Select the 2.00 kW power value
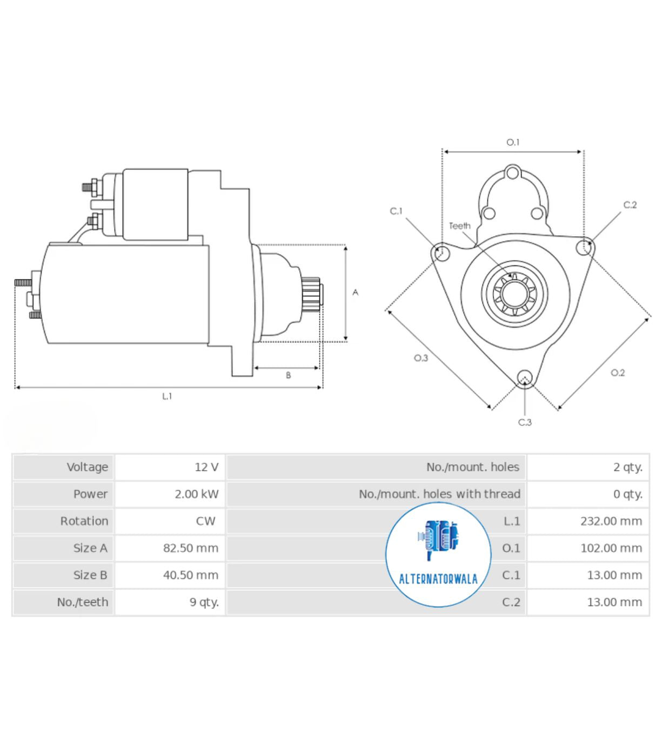click(x=197, y=494)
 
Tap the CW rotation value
click(x=205, y=521)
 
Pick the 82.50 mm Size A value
click(x=191, y=548)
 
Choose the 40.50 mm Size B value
click(x=191, y=575)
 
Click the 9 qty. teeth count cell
click(x=204, y=602)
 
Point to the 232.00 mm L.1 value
click(x=611, y=521)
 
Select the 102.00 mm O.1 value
click(x=611, y=548)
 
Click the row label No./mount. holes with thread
click(x=439, y=494)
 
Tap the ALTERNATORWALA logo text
click(x=438, y=579)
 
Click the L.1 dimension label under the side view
click(x=167, y=396)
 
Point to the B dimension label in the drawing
click(x=288, y=375)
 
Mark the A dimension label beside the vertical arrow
click(x=356, y=292)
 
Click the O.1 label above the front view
click(x=513, y=142)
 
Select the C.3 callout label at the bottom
click(x=525, y=422)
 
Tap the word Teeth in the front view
click(x=459, y=225)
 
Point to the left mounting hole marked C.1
click(x=442, y=252)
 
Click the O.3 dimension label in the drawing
click(x=421, y=358)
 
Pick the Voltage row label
click(x=88, y=467)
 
